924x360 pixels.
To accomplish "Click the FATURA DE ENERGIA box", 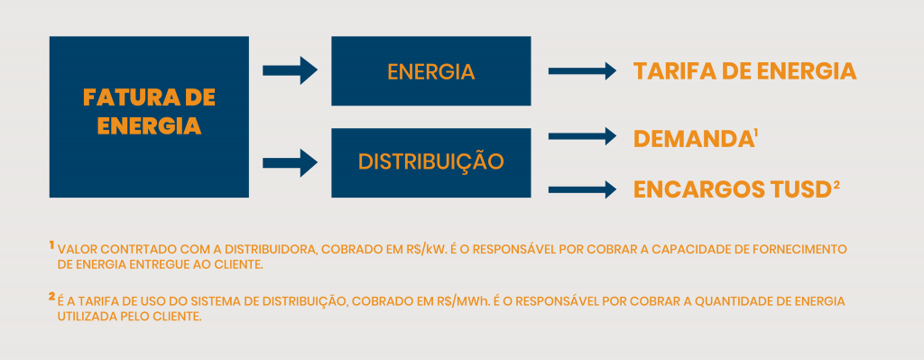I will tap(149, 116).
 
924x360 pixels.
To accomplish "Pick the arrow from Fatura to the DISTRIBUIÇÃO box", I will tap(290, 163).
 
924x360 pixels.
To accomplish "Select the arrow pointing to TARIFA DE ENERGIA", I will tap(581, 71).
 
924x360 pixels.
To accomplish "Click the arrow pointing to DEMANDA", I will tap(581, 136).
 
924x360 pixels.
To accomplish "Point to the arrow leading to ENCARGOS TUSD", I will tap(581, 189).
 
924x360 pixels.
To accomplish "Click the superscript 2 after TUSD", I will tap(836, 185).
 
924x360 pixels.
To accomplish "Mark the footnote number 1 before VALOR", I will tap(51, 245).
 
